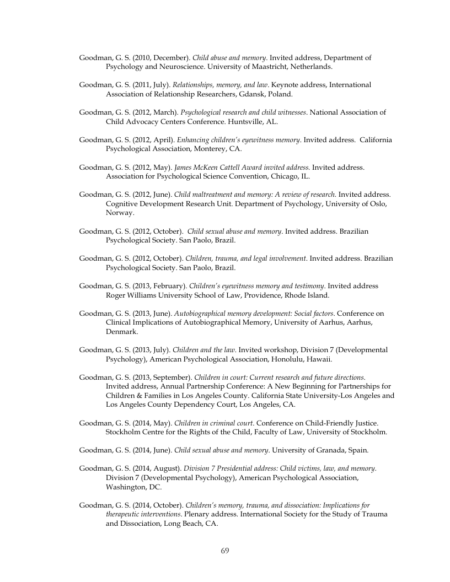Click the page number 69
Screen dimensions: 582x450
(225, 551)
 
